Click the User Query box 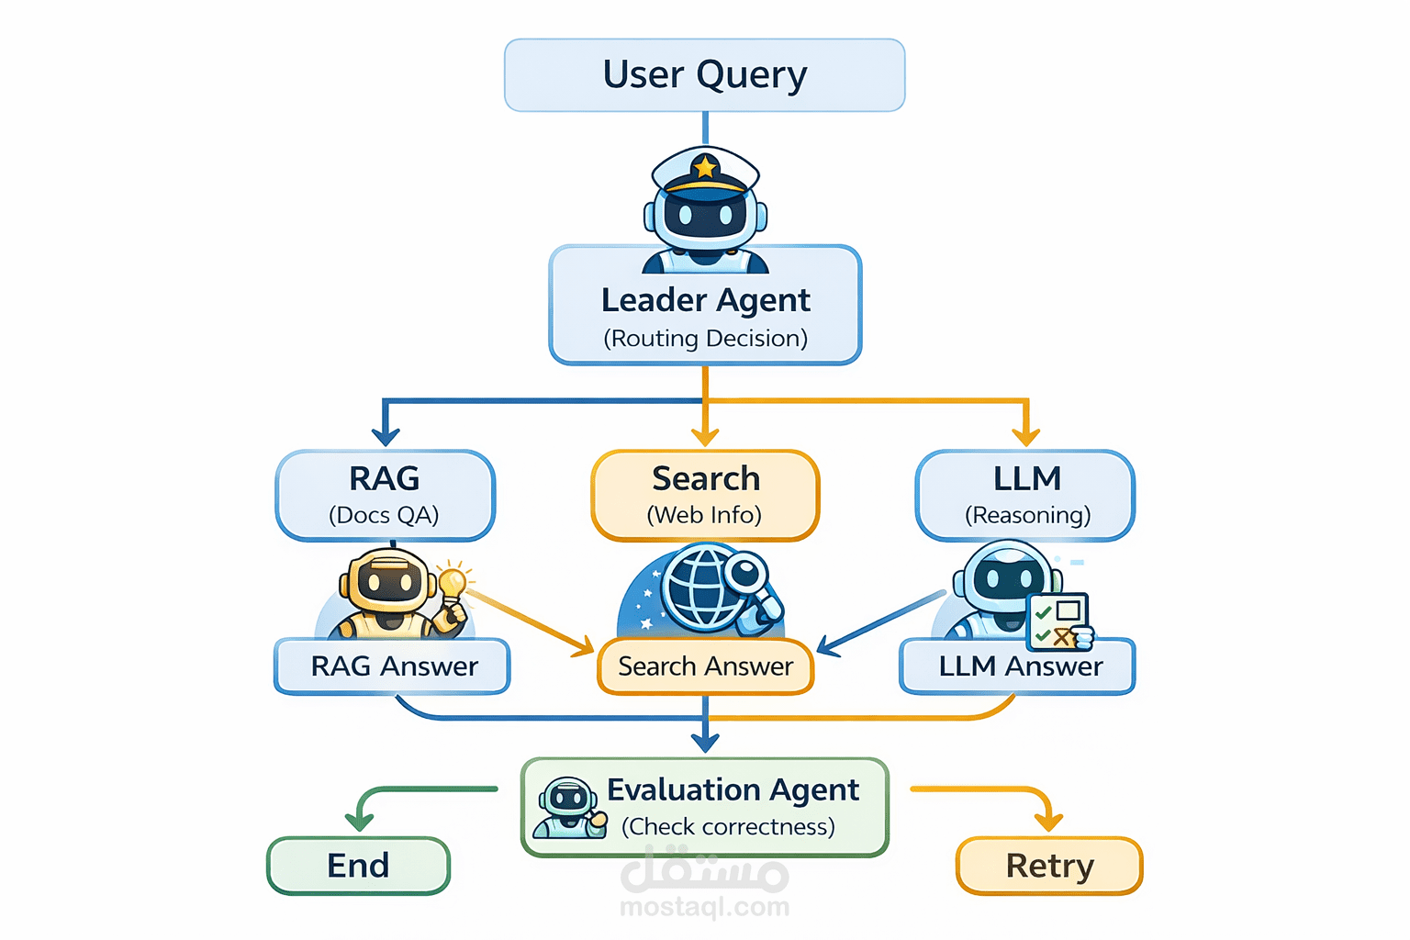coord(704,75)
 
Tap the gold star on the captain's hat coord(705,167)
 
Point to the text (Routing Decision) coord(705,339)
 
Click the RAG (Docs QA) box coord(385,495)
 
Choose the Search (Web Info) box coord(705,495)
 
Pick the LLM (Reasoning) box coord(1025,495)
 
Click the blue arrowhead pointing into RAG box coord(385,435)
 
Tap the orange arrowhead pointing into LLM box coord(1025,435)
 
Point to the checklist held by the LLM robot coord(1058,620)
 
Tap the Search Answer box coord(705,666)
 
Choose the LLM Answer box coord(1018,666)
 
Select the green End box coord(358,866)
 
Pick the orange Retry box coord(1049,866)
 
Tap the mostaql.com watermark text coord(705,907)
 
